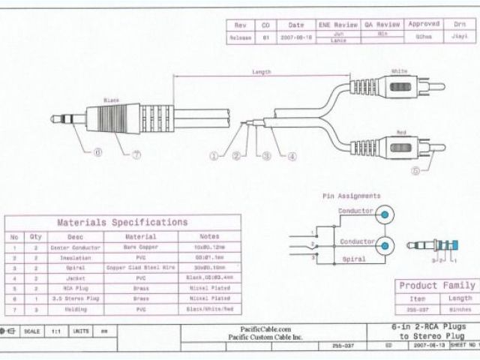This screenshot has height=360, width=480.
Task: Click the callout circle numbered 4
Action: [x=292, y=156]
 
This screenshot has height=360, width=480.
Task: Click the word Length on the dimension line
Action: [x=262, y=73]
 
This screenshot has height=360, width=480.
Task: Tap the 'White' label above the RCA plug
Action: [x=398, y=70]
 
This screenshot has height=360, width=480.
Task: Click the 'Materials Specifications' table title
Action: [x=123, y=223]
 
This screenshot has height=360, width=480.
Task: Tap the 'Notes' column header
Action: [x=209, y=236]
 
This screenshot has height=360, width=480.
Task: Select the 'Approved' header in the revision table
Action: [x=424, y=24]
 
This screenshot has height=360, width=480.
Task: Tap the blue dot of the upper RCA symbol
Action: [x=385, y=215]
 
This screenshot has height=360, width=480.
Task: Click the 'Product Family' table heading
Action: [x=436, y=286]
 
